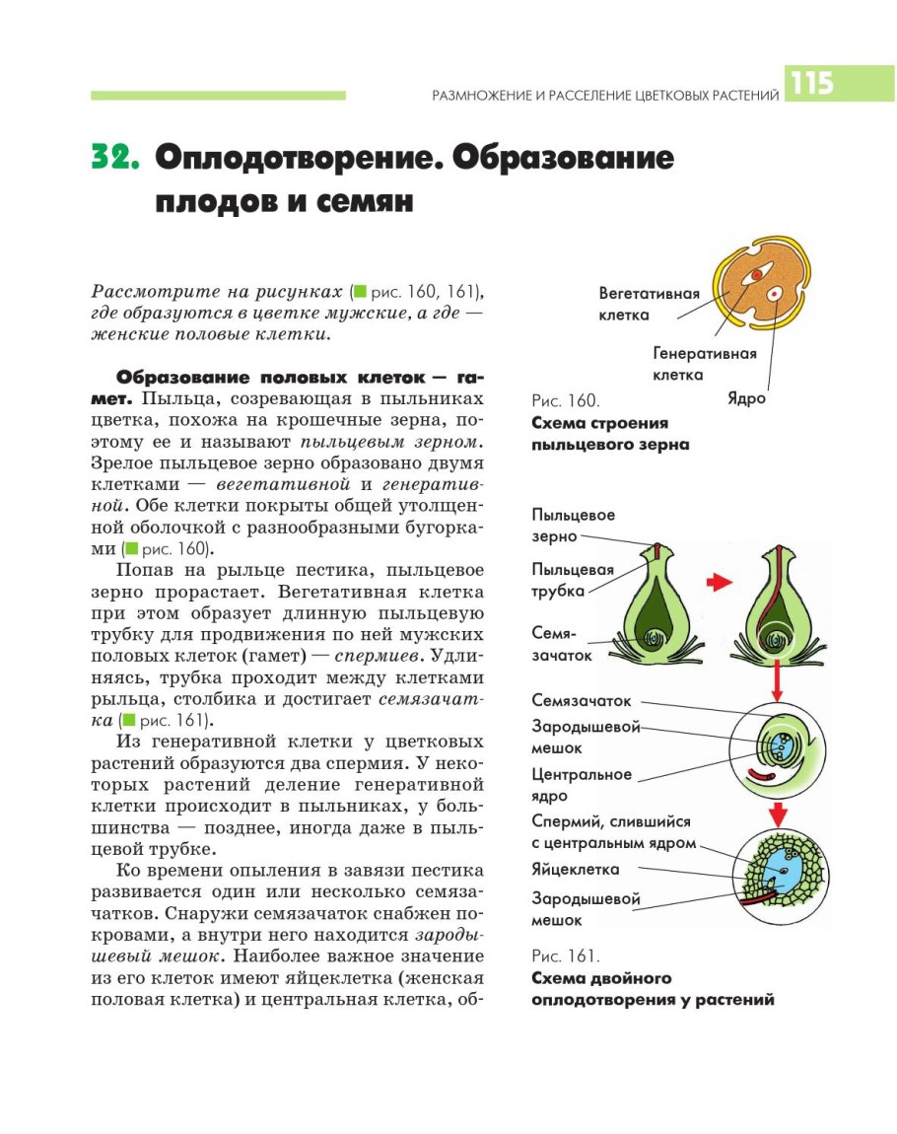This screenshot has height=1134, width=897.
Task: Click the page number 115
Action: pyautogui.click(x=810, y=83)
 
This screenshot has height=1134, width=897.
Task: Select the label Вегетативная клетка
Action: pyautogui.click(x=649, y=305)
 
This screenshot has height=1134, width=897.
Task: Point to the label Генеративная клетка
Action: pyautogui.click(x=704, y=364)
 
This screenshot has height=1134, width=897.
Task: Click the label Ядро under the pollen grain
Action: pyautogui.click(x=746, y=399)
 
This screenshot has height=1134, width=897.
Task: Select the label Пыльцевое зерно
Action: pyautogui.click(x=574, y=526)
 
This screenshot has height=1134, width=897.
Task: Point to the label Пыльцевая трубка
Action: pyautogui.click(x=573, y=580)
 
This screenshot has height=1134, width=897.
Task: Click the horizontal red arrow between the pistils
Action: pyautogui.click(x=722, y=583)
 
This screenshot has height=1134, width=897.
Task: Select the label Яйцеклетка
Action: pyautogui.click(x=575, y=870)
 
